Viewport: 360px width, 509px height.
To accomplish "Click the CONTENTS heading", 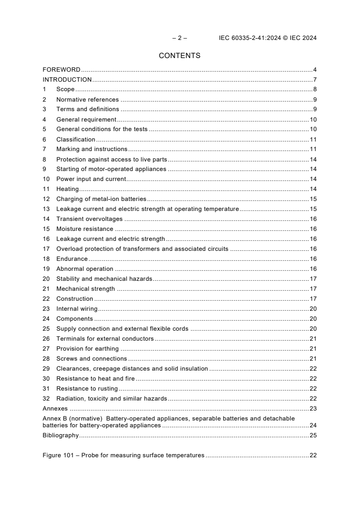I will point(179,56).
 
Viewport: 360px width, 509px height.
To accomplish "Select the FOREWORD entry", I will point(61,70).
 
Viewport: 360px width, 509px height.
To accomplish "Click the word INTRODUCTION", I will point(67,80).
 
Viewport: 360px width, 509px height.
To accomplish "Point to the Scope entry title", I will point(65,90).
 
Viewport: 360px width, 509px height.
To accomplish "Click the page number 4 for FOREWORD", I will point(315,70).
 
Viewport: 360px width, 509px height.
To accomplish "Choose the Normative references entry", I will point(87,100).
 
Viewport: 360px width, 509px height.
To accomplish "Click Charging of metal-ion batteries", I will point(101,199).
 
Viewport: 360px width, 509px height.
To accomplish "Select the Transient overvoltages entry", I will point(89,219).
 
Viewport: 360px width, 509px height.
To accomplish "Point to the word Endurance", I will point(72,259).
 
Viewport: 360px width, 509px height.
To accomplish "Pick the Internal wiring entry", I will point(77,309).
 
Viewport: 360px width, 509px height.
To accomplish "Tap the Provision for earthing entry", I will point(87,349).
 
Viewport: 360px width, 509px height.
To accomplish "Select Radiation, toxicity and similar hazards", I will point(112,399).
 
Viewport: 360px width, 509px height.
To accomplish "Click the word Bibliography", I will point(60,436).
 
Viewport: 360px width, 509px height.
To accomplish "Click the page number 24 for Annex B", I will point(313,426).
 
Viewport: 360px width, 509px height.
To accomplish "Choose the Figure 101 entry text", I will point(123,455).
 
